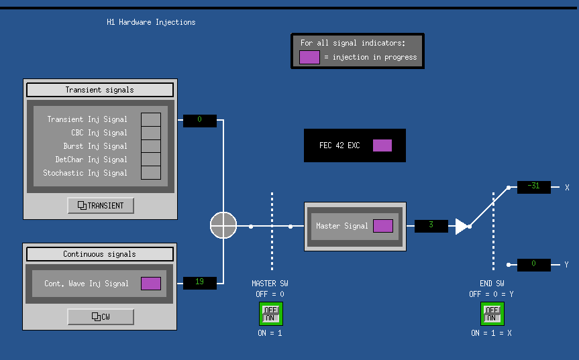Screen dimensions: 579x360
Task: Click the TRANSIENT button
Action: coord(101,205)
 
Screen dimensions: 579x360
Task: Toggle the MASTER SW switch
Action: coord(270,314)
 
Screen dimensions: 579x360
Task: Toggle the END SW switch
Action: coord(492,314)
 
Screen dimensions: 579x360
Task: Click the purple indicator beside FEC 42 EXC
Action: coord(382,145)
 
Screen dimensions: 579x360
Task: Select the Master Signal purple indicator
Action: coord(383,226)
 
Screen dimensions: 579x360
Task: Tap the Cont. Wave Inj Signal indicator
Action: coord(151,284)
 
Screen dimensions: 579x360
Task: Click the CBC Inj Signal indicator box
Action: coord(151,133)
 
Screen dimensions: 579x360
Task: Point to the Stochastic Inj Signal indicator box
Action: coord(151,172)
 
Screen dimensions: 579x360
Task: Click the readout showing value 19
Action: coord(200,282)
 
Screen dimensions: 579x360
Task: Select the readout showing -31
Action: coord(534,187)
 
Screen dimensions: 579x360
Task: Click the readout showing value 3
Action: coord(431,226)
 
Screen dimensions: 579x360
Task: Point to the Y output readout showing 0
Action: coord(534,265)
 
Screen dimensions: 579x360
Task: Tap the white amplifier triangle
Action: coord(461,227)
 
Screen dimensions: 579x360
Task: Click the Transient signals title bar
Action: coord(100,90)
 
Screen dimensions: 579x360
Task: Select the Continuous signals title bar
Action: coord(100,254)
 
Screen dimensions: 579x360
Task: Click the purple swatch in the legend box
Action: coord(309,57)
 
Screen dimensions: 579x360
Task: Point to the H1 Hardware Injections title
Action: coord(151,22)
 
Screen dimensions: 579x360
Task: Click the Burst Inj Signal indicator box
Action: coord(151,146)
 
